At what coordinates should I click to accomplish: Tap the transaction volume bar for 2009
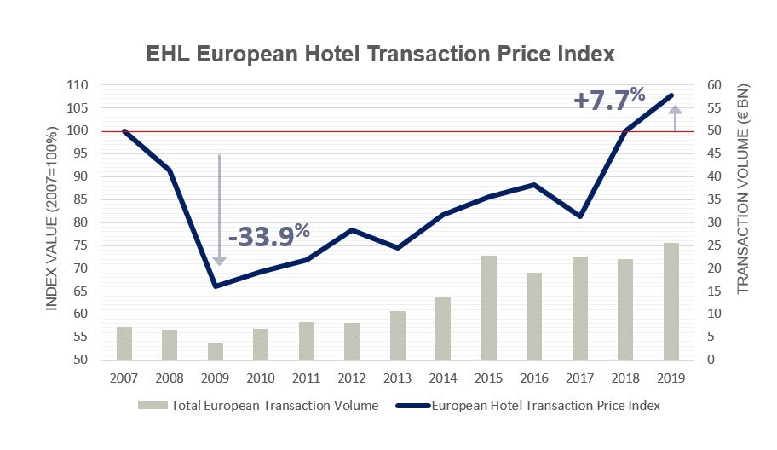pos(216,351)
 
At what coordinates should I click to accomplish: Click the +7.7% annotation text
pos(609,99)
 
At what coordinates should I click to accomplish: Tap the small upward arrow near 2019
pos(675,118)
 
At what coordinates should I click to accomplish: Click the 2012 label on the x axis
pos(352,376)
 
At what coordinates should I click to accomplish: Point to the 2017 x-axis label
pos(580,376)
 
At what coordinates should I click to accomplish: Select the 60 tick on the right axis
pos(711,85)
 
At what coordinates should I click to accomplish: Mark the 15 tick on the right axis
pos(711,291)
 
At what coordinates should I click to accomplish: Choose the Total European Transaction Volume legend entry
pos(264,406)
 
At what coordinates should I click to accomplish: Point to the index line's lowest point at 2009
pos(216,286)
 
